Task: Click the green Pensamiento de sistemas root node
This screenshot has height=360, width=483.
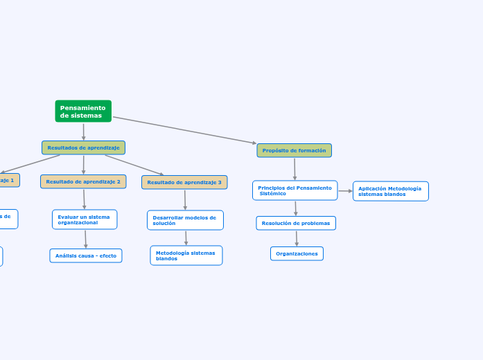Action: tap(83, 111)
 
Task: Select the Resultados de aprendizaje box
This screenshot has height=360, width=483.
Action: tap(83, 147)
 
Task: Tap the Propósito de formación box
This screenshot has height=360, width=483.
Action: tap(294, 150)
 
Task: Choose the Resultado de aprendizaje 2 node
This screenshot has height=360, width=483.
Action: tap(83, 181)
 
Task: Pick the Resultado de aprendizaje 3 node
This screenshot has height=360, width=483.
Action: tap(184, 182)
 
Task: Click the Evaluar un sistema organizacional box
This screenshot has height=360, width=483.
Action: tap(85, 219)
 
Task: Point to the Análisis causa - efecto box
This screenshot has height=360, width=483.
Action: tap(86, 255)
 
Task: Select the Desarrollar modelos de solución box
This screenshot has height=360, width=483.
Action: tap(185, 220)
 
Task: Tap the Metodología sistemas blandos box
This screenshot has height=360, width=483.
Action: tap(186, 255)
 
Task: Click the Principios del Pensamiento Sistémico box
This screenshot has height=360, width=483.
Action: tap(295, 190)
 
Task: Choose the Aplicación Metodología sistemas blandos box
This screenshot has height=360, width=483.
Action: tap(390, 191)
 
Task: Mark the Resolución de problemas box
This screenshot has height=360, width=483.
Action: tap(296, 223)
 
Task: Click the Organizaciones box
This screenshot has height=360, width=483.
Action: tap(297, 253)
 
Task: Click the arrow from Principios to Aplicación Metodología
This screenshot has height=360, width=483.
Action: tap(345, 191)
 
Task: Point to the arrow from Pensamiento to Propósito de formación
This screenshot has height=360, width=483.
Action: tap(184, 130)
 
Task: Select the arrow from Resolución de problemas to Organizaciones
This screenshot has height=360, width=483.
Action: tap(297, 238)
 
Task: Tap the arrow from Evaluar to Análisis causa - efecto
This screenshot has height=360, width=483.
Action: tap(85, 239)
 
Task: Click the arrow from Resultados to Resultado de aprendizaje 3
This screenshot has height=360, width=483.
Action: tap(134, 165)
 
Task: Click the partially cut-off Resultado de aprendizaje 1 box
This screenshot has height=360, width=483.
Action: tap(8, 180)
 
